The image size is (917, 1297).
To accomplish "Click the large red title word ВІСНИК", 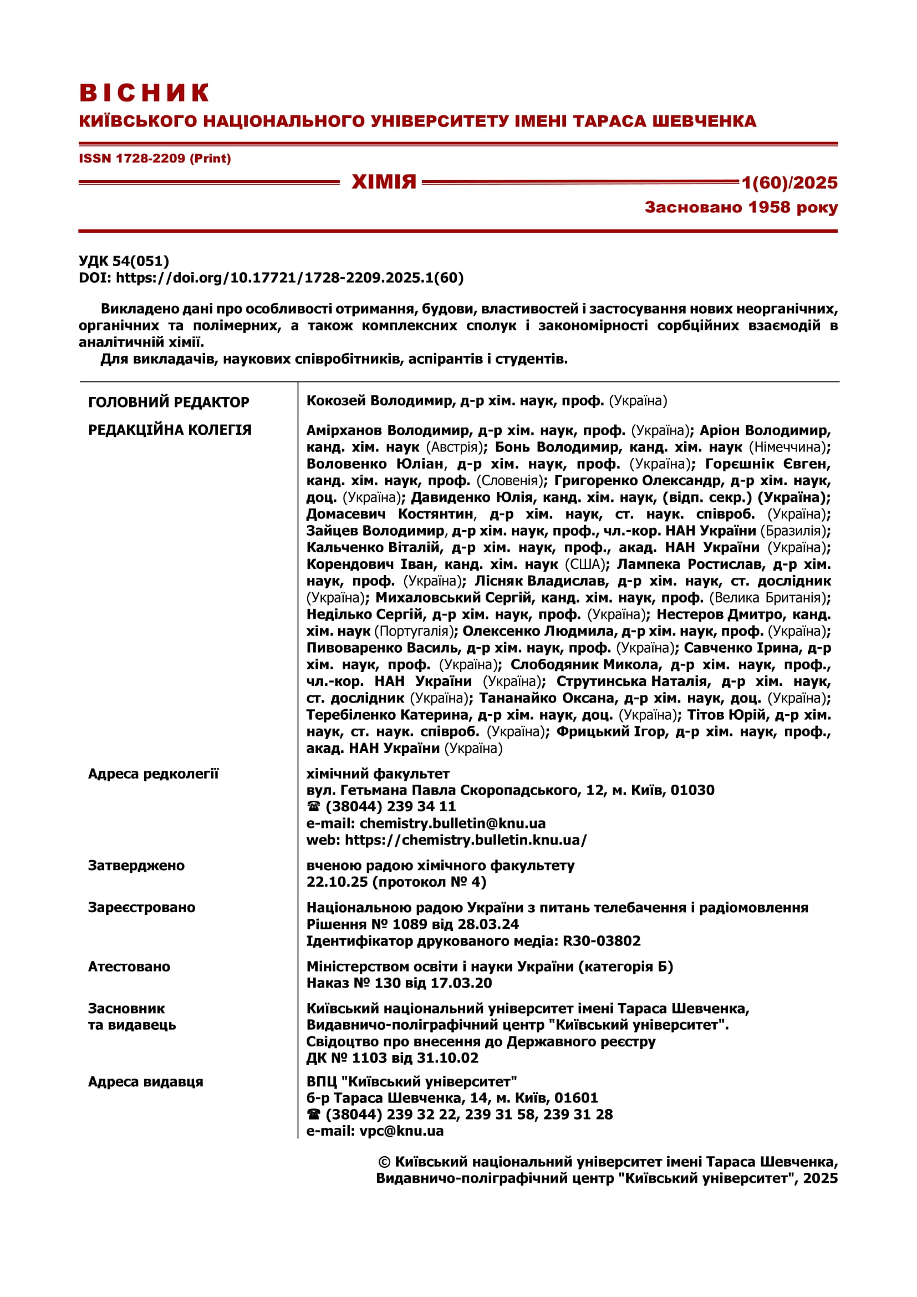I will pos(145,93).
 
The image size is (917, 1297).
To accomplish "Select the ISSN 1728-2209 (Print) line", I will pos(155,159).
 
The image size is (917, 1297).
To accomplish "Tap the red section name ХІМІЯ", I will pos(384,182).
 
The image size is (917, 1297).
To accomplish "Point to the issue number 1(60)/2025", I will pos(789,182).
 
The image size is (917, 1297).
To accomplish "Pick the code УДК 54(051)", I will pos(124,261).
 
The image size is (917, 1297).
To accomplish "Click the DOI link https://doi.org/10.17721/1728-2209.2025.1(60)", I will pos(289,278).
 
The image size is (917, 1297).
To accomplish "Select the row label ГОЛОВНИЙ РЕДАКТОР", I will pos(169,402).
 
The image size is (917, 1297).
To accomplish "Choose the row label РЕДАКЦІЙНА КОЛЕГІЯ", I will pos(170,430).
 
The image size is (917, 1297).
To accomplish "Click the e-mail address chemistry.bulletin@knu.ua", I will pos(452,823).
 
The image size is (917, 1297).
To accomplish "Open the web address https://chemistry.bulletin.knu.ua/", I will pos(466,840).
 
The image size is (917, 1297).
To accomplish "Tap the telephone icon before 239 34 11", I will pos(314,807).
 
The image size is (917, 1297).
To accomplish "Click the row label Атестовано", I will pos(129,967).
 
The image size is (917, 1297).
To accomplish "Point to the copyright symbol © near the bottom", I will pos(384,1162).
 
